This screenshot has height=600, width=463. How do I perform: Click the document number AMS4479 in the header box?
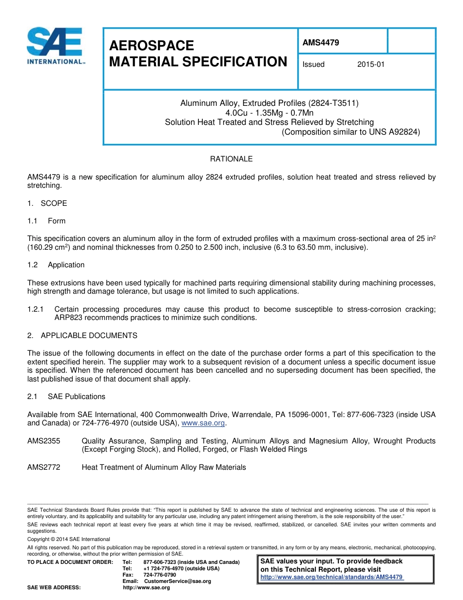[x=321, y=42]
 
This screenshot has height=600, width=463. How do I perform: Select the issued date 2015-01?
[x=370, y=64]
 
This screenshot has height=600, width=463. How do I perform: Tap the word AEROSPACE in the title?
[x=151, y=45]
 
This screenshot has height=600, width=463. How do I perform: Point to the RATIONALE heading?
[x=231, y=159]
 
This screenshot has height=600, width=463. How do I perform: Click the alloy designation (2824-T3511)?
[x=330, y=103]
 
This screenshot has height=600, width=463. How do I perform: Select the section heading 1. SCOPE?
[x=47, y=203]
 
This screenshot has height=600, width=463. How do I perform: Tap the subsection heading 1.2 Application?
[x=56, y=265]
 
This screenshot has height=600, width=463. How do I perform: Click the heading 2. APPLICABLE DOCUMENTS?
[x=82, y=336]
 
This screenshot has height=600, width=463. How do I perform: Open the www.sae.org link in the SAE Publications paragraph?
[x=203, y=423]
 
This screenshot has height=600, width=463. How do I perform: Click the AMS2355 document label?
[x=44, y=441]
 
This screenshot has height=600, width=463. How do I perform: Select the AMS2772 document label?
[x=44, y=467]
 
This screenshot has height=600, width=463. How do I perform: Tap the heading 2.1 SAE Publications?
[x=66, y=397]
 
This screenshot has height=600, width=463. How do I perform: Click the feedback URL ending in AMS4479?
[x=332, y=577]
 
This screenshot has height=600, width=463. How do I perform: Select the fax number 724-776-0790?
[x=159, y=575]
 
